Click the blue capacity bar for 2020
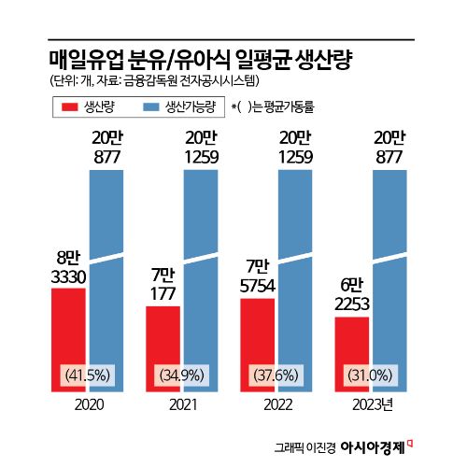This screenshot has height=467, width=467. click(x=106, y=280)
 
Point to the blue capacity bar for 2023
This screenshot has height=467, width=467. click(x=389, y=280)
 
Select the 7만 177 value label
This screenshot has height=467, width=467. click(x=163, y=282)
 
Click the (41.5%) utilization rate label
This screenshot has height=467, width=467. click(x=87, y=375)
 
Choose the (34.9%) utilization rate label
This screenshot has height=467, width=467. click(x=181, y=375)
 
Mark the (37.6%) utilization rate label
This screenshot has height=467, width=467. click(x=276, y=375)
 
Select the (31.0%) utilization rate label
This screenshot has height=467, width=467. click(x=370, y=375)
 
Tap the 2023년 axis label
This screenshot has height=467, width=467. click(x=373, y=404)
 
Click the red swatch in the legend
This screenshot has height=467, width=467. click(x=69, y=106)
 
